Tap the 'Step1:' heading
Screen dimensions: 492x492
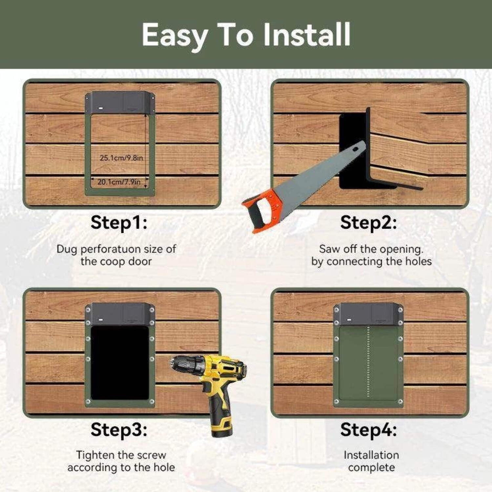click(119, 222)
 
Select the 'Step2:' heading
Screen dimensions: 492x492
click(369, 222)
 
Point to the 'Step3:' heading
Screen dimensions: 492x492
click(119, 429)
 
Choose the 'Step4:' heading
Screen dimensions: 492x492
click(369, 429)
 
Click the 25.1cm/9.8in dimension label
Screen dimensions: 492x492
click(121, 158)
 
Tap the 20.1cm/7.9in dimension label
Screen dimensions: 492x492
click(119, 182)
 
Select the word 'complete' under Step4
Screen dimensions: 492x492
click(372, 468)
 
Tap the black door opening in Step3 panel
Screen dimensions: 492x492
click(120, 363)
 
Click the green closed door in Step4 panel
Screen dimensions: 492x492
click(368, 363)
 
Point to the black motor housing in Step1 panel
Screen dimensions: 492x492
click(120, 103)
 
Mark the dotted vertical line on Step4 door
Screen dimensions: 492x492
click(369, 362)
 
